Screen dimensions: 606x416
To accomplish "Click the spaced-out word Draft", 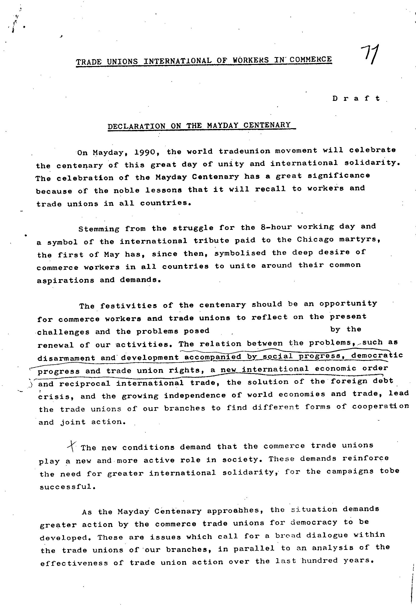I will [x=356, y=99].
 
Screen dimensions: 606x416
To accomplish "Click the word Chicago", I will [x=315, y=240].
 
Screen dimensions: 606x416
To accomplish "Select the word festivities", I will [x=128, y=305].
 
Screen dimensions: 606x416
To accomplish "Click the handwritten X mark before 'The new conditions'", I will [x=72, y=446].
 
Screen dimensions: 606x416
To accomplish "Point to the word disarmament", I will [x=66, y=358].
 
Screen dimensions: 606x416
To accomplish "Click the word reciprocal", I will [x=85, y=384].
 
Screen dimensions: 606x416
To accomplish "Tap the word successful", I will [x=66, y=487].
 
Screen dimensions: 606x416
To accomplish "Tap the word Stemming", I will [x=99, y=229].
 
